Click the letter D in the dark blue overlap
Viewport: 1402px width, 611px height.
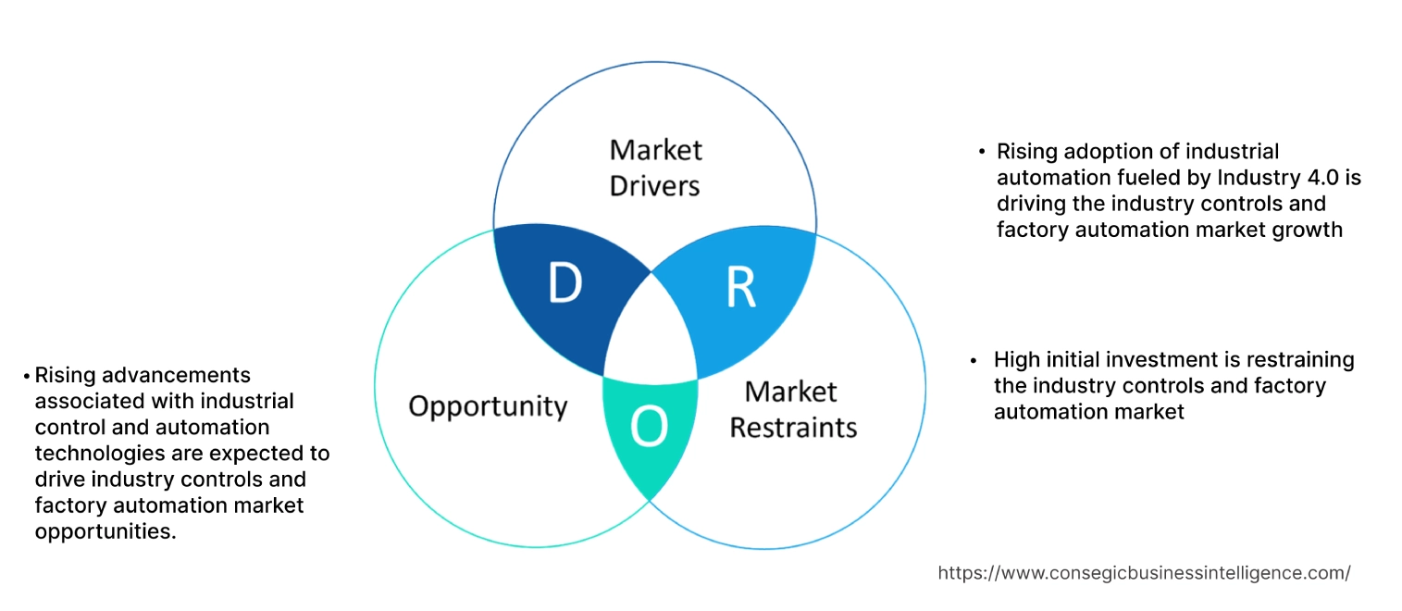click(x=565, y=283)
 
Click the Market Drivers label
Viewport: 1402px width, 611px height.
click(x=655, y=168)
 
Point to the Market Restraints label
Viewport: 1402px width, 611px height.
click(x=793, y=409)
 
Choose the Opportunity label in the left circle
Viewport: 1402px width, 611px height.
click(x=488, y=405)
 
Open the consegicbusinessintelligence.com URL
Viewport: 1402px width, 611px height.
click(x=1144, y=573)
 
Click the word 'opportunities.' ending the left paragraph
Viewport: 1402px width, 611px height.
click(x=105, y=531)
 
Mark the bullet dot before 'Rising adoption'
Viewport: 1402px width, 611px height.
click(x=982, y=152)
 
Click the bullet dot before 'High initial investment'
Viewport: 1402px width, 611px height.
click(x=974, y=360)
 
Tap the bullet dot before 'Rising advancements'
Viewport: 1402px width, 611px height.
click(x=27, y=376)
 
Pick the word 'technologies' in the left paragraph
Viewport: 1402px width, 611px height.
click(x=99, y=454)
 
